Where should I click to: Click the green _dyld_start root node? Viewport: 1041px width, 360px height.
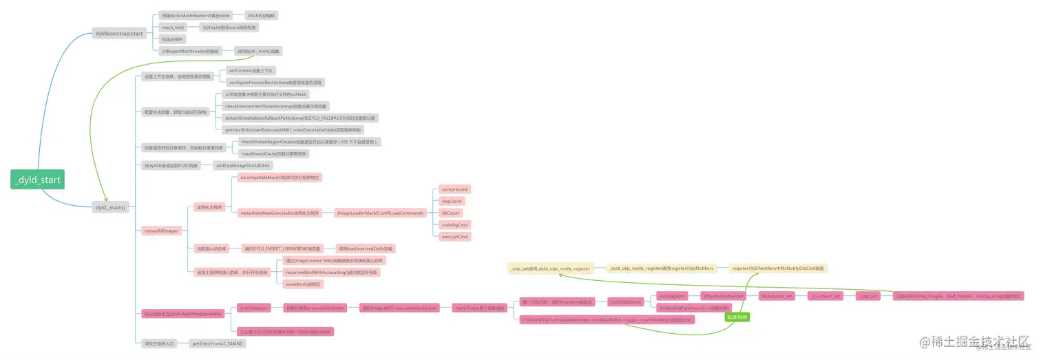click(37, 181)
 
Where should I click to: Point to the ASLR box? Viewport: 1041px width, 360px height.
click(262, 15)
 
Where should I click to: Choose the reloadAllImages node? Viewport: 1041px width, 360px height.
click(161, 231)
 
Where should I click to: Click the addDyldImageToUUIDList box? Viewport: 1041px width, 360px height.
click(243, 166)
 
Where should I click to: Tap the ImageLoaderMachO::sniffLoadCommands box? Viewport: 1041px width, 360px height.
click(379, 213)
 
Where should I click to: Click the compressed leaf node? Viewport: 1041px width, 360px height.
click(454, 189)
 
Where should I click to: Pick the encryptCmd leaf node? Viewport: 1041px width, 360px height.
click(454, 237)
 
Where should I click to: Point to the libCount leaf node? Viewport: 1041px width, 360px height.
click(450, 213)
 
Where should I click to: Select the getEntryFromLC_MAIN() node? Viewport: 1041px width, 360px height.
click(218, 343)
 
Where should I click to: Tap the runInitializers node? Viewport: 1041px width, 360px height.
click(254, 308)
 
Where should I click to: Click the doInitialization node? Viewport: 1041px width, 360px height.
click(625, 301)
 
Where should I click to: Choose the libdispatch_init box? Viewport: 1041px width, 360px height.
click(777, 296)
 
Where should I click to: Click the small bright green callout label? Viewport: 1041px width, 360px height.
click(736, 317)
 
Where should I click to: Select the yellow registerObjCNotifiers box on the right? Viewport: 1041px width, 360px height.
click(778, 268)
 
